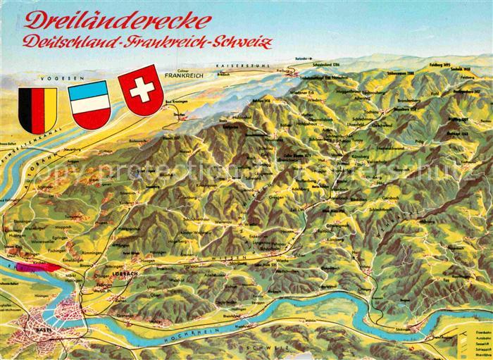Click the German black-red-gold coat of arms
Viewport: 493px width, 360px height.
tap(35, 109)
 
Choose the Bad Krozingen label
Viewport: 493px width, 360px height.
tap(177, 104)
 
